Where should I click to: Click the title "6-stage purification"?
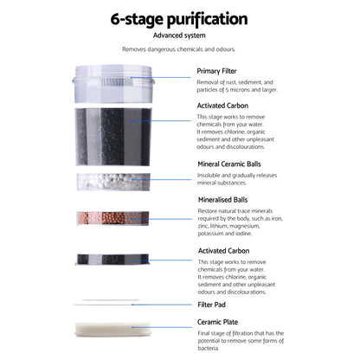179,19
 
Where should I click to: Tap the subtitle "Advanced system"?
179,35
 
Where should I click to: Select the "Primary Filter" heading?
216,71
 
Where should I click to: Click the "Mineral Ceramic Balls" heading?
229,164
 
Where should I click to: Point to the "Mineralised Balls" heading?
222,200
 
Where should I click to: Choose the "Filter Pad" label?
211,305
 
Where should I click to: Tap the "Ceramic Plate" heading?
217,322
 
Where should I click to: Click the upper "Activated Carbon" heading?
222,106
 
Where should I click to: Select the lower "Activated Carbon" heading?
223,251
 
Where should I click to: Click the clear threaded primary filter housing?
113,84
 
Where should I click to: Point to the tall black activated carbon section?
113,137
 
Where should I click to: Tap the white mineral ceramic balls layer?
113,182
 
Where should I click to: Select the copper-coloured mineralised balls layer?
112,218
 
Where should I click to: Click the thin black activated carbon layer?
112,260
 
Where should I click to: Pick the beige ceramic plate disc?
113,330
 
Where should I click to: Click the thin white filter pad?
106,303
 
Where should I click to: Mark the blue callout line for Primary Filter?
160,77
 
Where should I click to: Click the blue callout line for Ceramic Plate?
162,327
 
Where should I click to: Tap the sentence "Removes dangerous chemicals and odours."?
178,49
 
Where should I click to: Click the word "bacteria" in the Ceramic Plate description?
208,348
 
